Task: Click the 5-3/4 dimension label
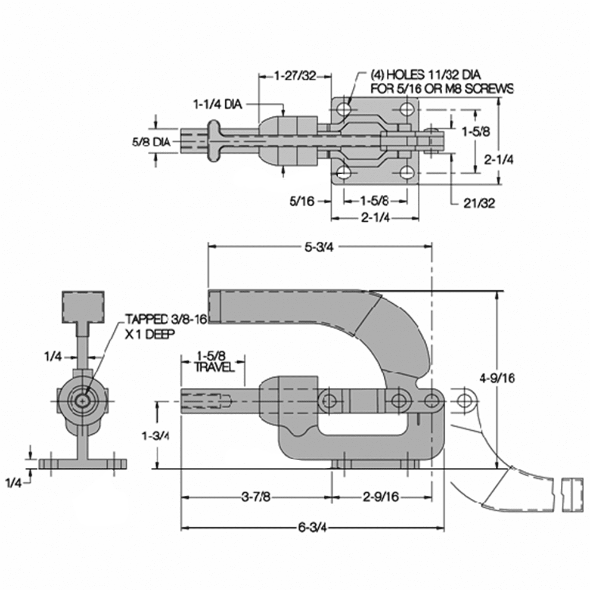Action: (319, 247)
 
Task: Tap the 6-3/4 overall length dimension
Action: (312, 527)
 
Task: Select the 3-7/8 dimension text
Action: (256, 496)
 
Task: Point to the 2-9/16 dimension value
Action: (381, 496)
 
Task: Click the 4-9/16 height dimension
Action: (497, 378)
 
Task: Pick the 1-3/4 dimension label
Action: (155, 436)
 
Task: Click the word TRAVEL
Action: (214, 367)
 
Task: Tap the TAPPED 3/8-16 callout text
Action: (166, 319)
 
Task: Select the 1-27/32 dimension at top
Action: (295, 76)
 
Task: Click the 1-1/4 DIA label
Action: (218, 104)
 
